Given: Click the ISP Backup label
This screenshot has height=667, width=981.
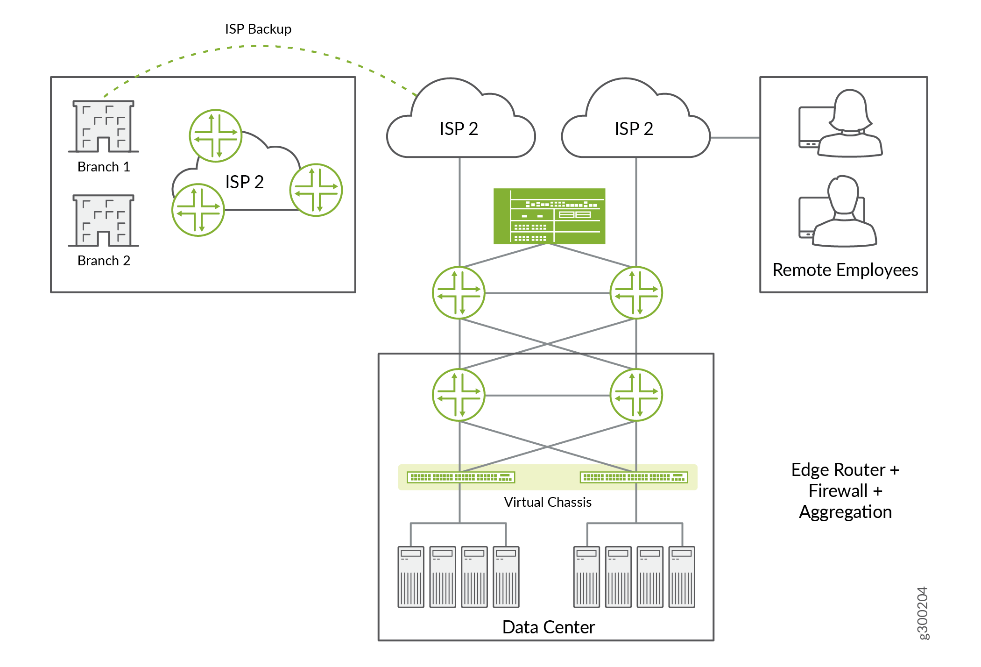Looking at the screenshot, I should pyautogui.click(x=258, y=29).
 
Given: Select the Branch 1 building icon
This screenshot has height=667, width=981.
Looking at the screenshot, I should pyautogui.click(x=104, y=126).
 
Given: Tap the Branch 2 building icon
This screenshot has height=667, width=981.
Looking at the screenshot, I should pyautogui.click(x=104, y=220).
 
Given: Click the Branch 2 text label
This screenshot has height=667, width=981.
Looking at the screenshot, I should pyautogui.click(x=104, y=261).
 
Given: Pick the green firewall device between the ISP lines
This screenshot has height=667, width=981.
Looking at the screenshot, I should pyautogui.click(x=549, y=216).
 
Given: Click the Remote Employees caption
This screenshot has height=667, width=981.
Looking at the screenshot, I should pyautogui.click(x=845, y=270).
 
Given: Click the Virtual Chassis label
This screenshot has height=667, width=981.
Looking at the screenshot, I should pyautogui.click(x=547, y=502).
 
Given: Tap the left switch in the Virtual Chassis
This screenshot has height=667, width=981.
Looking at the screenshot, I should pyautogui.click(x=461, y=477).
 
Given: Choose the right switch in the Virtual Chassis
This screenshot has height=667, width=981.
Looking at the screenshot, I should pyautogui.click(x=634, y=477).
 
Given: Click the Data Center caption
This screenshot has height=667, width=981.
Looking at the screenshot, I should pyautogui.click(x=548, y=627).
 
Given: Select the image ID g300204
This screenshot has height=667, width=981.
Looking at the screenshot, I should pyautogui.click(x=922, y=613).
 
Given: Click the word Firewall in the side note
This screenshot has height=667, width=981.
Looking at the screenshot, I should pyautogui.click(x=838, y=491).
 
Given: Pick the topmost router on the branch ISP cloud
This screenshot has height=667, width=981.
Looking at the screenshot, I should pyautogui.click(x=215, y=135).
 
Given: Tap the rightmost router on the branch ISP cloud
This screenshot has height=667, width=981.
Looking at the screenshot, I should pyautogui.click(x=316, y=190).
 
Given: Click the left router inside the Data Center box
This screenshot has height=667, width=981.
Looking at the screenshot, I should pyautogui.click(x=459, y=395).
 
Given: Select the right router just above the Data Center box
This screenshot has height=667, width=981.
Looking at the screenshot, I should pyautogui.click(x=636, y=293).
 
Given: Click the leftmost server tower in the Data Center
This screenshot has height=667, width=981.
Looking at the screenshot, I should pyautogui.click(x=411, y=577).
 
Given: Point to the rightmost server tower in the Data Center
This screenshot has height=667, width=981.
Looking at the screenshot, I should pyautogui.click(x=682, y=577).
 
